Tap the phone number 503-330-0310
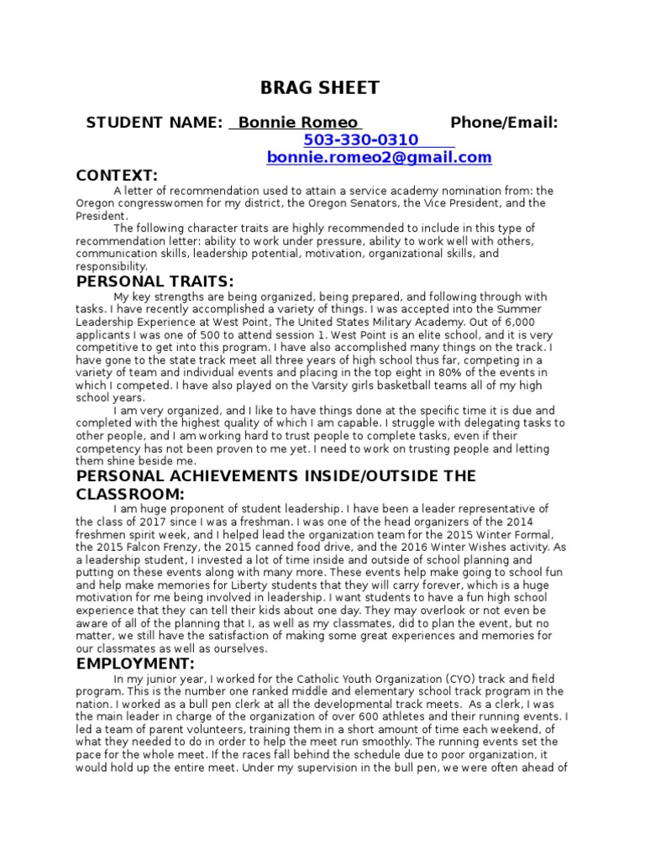(361, 140)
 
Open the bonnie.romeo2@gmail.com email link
(379, 158)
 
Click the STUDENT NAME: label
(155, 123)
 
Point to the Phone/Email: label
(504, 123)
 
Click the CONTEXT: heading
(117, 176)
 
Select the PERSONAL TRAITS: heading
(155, 281)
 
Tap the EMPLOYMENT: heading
(137, 664)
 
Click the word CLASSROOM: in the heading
(140, 494)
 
